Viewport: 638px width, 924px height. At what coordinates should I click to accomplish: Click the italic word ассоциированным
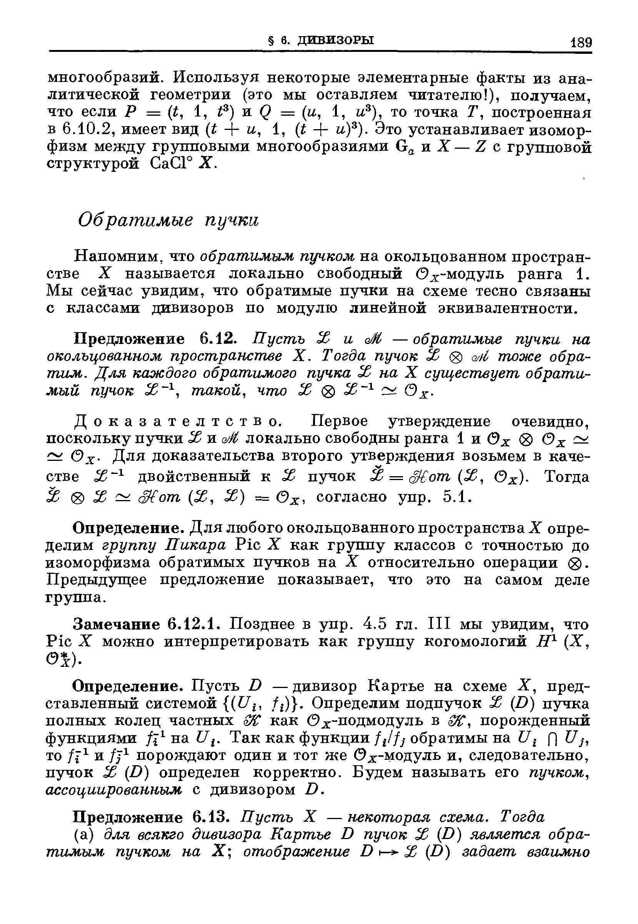[x=114, y=789]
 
